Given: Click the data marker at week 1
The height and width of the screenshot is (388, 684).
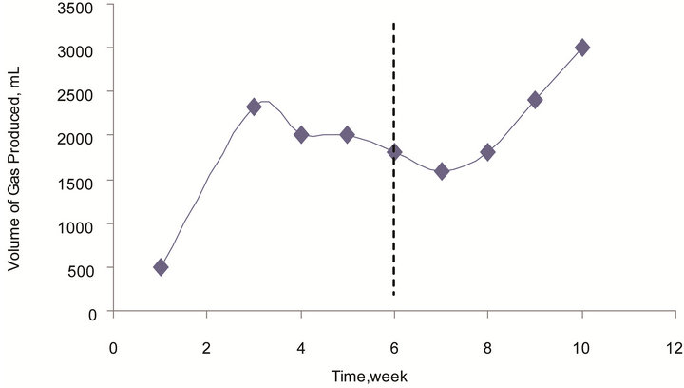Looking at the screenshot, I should click(161, 267).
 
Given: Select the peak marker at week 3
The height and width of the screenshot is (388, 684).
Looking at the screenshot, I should click(254, 107).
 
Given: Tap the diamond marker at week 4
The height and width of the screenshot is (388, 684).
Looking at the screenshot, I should click(301, 135).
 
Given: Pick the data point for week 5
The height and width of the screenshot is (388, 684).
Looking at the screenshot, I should click(347, 135).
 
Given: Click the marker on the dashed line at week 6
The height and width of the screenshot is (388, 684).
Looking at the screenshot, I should click(394, 152).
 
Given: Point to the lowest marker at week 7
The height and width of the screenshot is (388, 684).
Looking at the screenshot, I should click(442, 171).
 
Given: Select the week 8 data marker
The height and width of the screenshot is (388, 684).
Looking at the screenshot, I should click(487, 152).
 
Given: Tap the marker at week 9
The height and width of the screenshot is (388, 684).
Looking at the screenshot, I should click(535, 99).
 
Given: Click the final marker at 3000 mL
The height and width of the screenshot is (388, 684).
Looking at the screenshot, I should click(582, 47).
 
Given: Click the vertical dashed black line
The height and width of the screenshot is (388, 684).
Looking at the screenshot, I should click(394, 228).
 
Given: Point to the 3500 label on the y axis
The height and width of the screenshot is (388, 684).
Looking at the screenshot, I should click(77, 9).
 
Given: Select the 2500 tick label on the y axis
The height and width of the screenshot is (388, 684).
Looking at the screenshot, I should click(77, 92).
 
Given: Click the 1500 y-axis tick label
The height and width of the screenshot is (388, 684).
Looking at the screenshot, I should click(77, 181).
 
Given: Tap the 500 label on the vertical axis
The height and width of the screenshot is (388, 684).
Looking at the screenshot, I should click(81, 269).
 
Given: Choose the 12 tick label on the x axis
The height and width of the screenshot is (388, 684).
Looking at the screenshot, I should click(674, 346).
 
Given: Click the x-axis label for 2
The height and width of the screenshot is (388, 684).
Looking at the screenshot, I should click(207, 346).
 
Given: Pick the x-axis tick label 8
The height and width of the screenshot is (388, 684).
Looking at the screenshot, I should click(487, 346).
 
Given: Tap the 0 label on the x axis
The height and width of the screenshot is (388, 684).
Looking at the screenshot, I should click(113, 346).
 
